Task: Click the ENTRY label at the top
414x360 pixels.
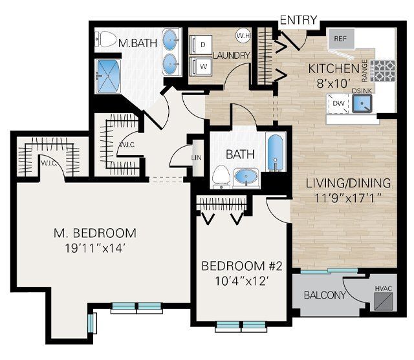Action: coord(298,20)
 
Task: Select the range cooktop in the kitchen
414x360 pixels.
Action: coord(386,69)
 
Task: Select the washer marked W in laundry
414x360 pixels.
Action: coord(202,66)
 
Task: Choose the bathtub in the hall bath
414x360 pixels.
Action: coord(276,153)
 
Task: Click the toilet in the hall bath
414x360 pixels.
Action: coord(221,175)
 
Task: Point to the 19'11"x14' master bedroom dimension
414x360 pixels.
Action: coord(95,249)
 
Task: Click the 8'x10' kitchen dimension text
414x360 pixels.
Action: coord(333,83)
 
